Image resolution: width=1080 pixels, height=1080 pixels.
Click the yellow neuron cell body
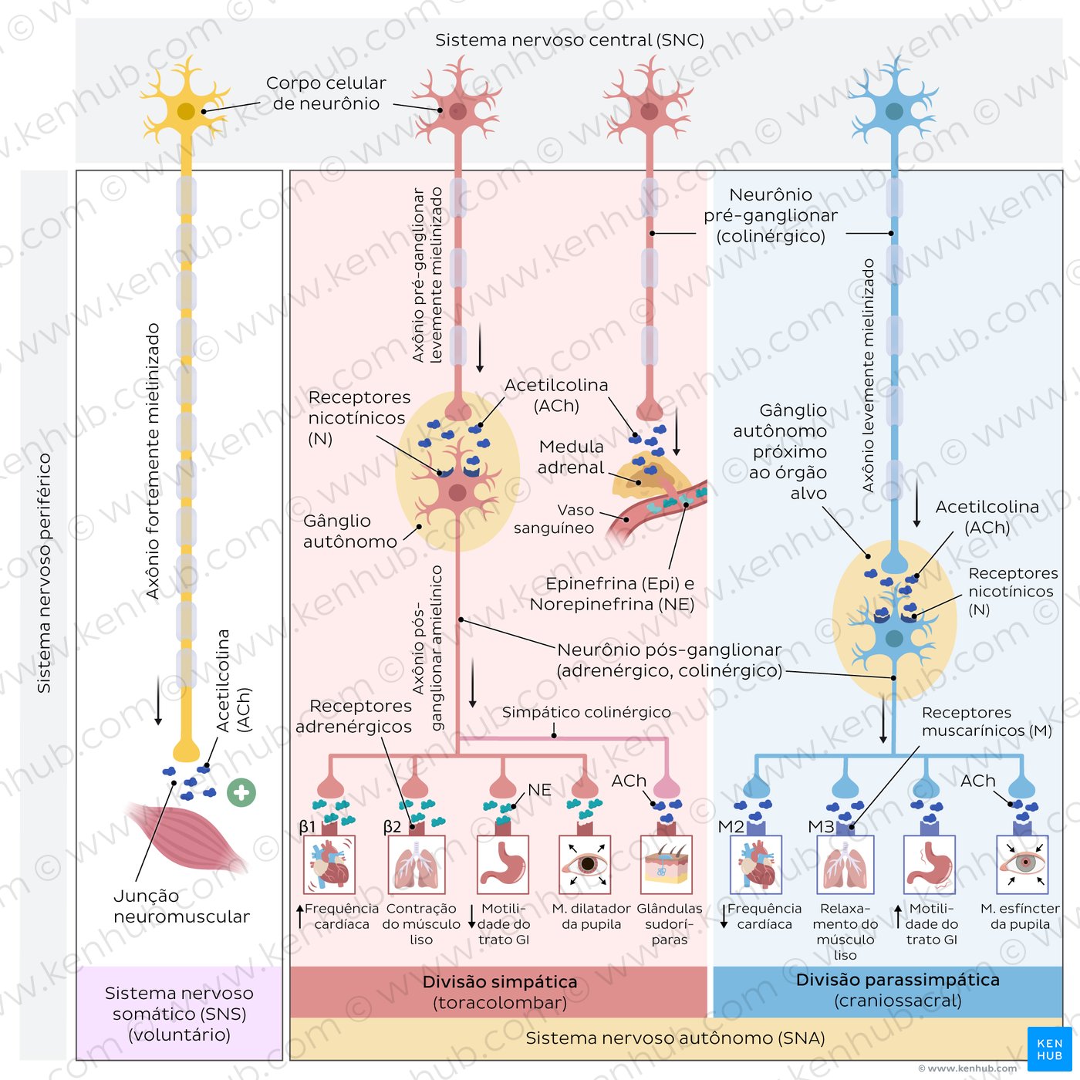[186, 112]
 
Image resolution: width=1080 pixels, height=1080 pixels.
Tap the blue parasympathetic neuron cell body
[894, 111]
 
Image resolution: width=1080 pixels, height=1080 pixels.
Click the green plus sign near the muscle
[241, 792]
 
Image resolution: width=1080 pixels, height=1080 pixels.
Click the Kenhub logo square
[1049, 1049]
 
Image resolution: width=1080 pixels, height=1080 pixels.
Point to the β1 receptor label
[307, 827]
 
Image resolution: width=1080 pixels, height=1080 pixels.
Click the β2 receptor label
[392, 827]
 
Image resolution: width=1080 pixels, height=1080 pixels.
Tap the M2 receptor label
[731, 827]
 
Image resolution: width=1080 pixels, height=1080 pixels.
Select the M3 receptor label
[821, 827]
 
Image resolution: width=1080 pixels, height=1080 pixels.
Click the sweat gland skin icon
[667, 865]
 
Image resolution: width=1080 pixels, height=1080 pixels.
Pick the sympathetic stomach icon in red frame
[503, 865]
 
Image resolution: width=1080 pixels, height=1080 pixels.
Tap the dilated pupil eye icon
[586, 865]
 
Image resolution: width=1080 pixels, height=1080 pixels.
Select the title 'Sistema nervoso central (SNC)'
[569, 40]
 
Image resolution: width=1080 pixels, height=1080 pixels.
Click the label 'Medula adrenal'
[571, 457]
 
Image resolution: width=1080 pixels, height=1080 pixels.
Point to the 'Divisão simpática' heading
[500, 982]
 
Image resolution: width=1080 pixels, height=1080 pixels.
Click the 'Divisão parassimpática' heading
[898, 980]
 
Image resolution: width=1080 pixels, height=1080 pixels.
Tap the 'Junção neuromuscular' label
[181, 906]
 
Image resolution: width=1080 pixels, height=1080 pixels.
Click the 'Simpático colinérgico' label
[586, 712]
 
